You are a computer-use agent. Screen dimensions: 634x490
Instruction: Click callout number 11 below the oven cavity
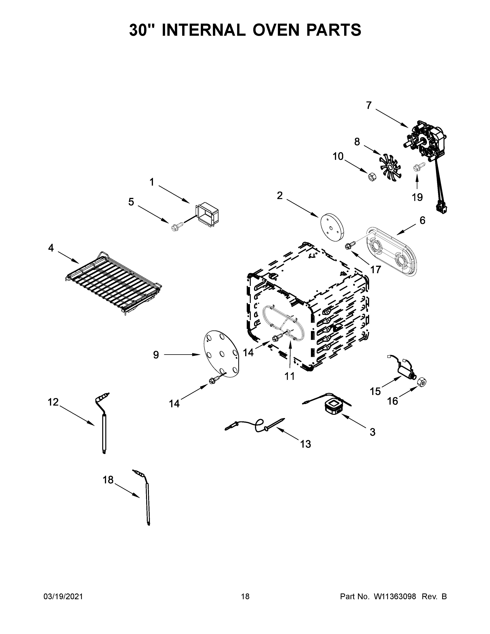[x=289, y=376]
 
